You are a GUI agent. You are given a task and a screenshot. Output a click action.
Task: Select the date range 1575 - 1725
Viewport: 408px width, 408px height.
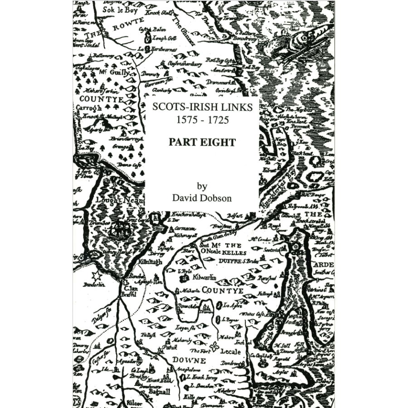(202, 121)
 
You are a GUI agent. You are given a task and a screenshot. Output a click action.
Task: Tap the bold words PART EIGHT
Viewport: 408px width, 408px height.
(202, 142)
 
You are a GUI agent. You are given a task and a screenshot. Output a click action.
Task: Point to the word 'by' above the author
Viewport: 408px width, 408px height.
(202, 185)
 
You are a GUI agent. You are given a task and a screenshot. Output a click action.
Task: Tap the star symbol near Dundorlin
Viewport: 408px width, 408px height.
(96, 276)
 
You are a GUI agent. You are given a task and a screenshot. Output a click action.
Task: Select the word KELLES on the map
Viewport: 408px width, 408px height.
(233, 253)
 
